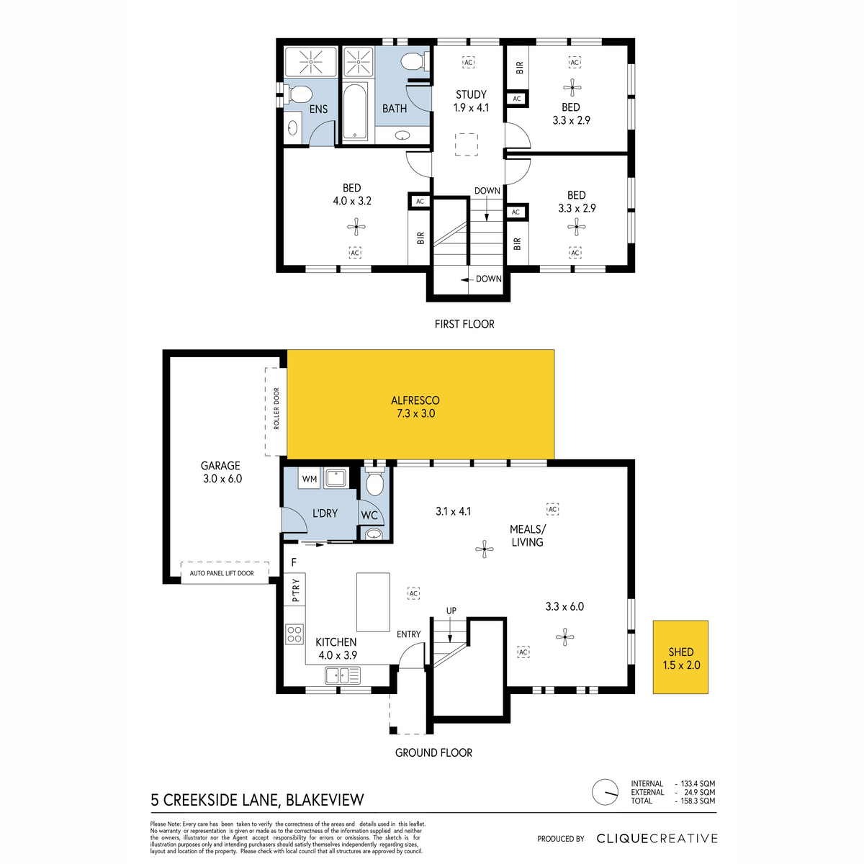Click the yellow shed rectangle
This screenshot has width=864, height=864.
click(680, 657)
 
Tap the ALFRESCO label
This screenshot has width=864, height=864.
click(415, 400)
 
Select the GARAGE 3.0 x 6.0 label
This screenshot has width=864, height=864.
click(222, 472)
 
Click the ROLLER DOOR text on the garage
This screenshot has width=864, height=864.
click(276, 408)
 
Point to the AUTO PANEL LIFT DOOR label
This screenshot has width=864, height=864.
click(222, 573)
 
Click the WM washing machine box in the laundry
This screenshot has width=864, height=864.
click(310, 478)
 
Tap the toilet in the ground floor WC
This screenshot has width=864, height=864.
click(375, 481)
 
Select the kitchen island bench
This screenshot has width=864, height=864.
click(373, 602)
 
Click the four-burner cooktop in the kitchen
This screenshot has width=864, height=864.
click(294, 634)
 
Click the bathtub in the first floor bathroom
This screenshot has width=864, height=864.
click(355, 112)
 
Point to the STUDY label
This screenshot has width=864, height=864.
click(471, 94)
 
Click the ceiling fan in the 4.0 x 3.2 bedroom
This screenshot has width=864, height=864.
click(356, 227)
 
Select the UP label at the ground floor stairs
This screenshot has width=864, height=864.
click(451, 611)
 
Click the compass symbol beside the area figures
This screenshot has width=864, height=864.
click(606, 792)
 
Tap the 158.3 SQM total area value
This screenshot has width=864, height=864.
click(698, 801)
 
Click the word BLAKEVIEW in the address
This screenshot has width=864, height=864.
click(325, 801)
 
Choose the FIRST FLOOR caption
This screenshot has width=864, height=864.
click(464, 324)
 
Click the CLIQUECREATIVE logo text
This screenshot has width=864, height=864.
click(657, 839)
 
